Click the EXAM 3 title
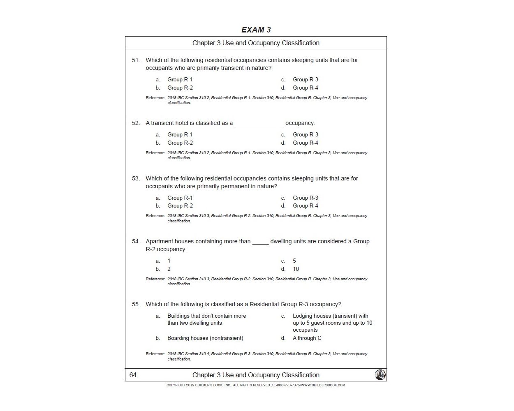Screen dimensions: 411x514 256,30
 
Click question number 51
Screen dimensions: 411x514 136,60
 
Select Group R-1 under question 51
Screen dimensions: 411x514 180,80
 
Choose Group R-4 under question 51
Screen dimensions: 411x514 305,88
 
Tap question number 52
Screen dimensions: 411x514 136,123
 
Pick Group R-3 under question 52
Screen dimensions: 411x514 305,135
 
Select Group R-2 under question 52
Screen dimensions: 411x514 180,143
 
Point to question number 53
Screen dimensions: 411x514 136,178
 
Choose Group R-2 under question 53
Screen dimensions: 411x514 180,206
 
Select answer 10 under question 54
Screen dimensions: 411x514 296,269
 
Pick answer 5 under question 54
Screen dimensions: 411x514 294,261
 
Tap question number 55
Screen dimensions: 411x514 136,305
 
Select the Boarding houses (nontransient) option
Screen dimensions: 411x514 205,338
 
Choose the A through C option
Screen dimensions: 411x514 307,338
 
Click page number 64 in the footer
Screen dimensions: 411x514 133,375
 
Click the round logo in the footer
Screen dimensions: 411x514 380,375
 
